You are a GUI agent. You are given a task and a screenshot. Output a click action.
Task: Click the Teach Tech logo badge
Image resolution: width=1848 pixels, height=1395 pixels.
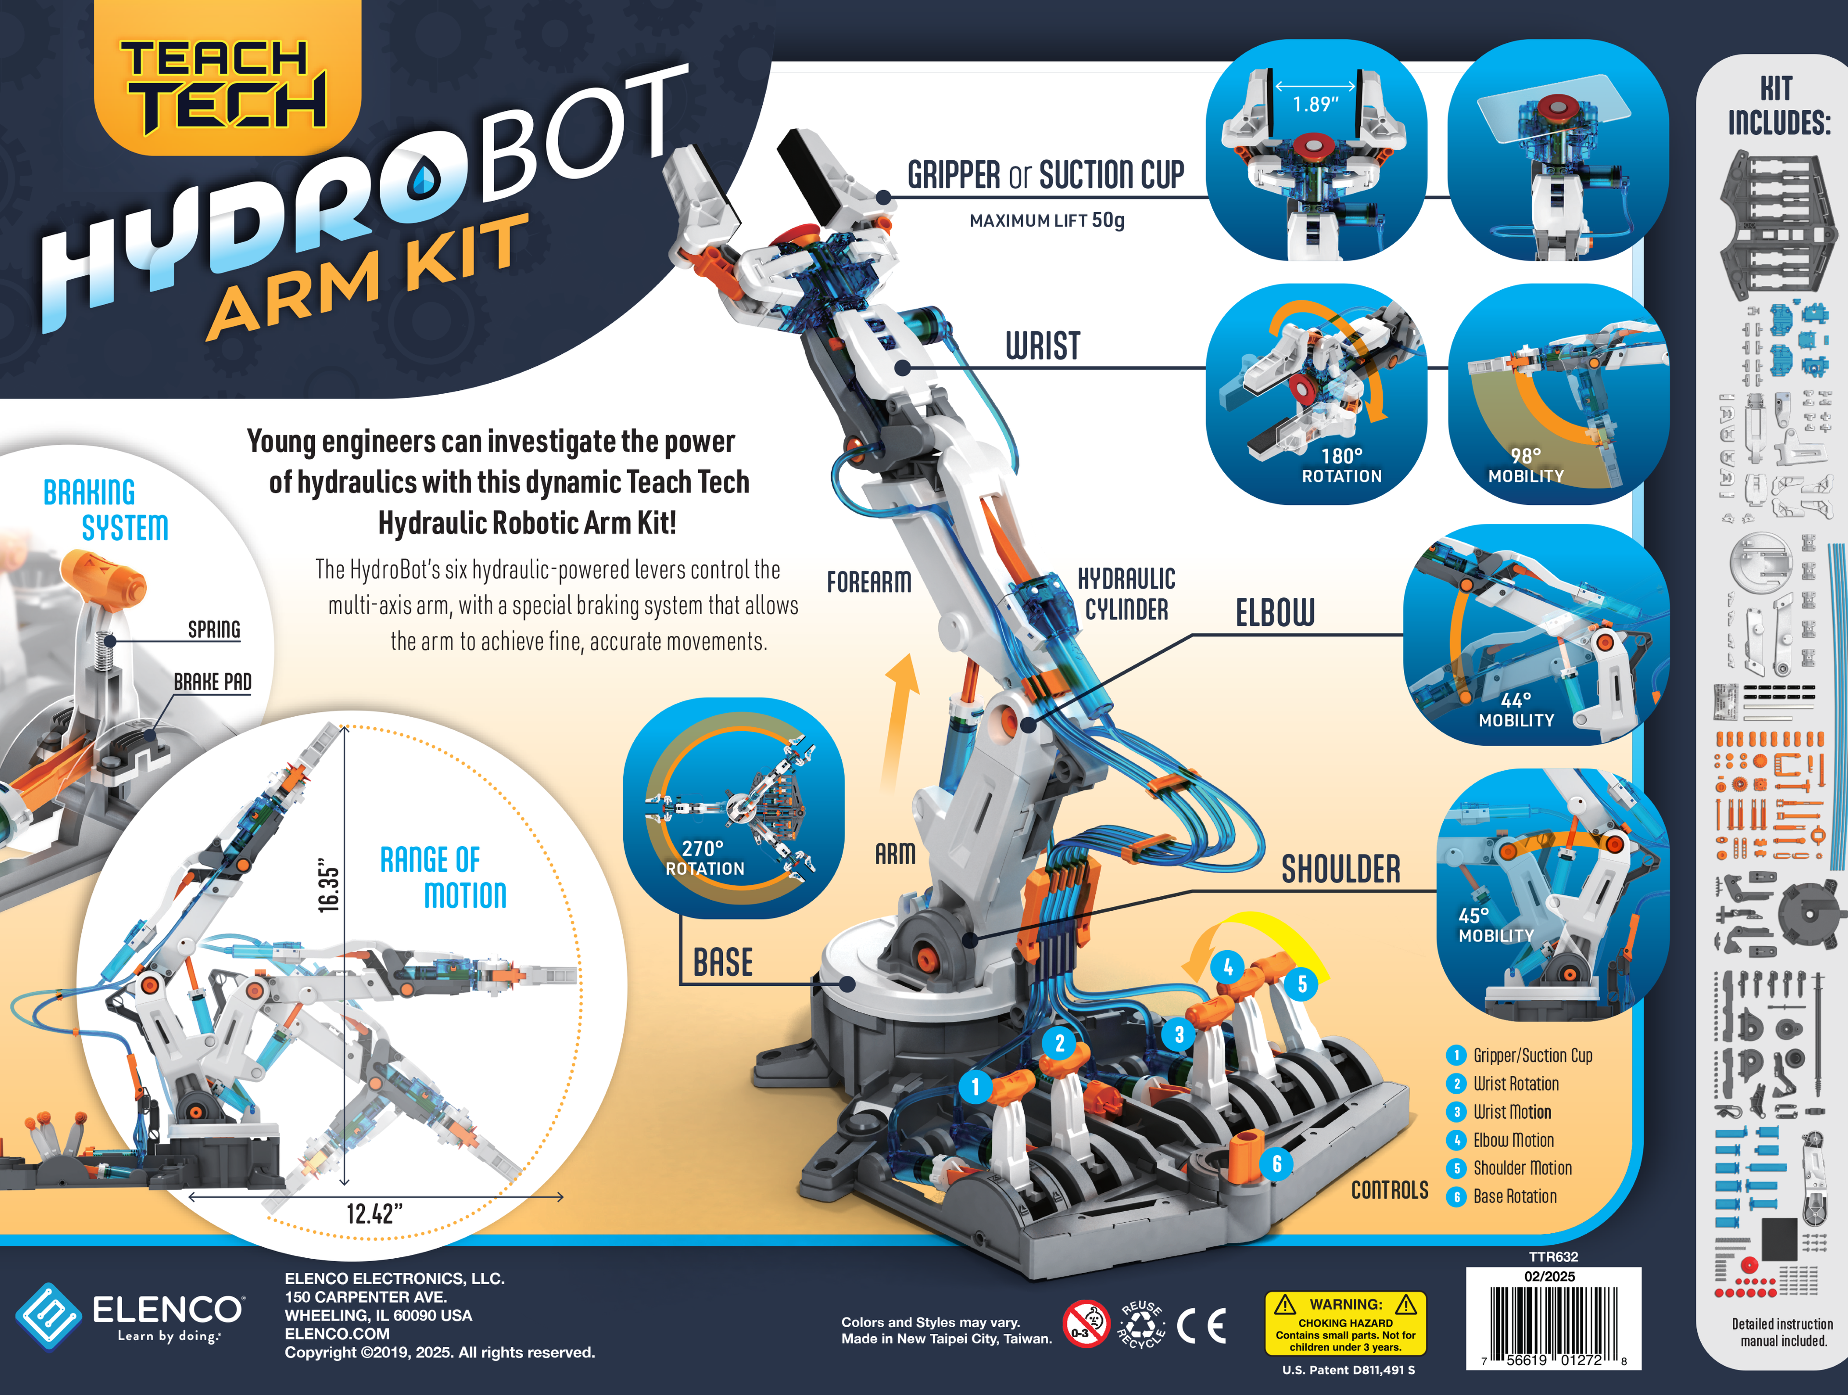[x=226, y=79]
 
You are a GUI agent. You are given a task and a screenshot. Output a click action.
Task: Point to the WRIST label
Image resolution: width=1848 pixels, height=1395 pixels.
[x=1043, y=345]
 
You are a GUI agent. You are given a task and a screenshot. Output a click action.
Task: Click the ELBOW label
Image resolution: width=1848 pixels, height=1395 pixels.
[x=1275, y=613]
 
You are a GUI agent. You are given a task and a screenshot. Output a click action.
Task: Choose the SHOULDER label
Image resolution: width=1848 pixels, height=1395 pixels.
[x=1341, y=869]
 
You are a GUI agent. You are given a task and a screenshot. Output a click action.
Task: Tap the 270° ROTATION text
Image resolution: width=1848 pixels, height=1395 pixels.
[x=704, y=858]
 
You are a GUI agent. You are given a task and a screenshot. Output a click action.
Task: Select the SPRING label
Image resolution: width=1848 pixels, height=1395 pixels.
[x=214, y=629]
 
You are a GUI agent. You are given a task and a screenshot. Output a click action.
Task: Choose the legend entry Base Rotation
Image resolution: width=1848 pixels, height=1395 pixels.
[x=1514, y=1196]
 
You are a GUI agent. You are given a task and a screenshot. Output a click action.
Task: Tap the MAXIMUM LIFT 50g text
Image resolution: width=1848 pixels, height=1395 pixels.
[x=1047, y=220]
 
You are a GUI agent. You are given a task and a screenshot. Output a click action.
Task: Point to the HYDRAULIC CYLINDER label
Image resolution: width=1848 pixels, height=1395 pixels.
[x=1126, y=594]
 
